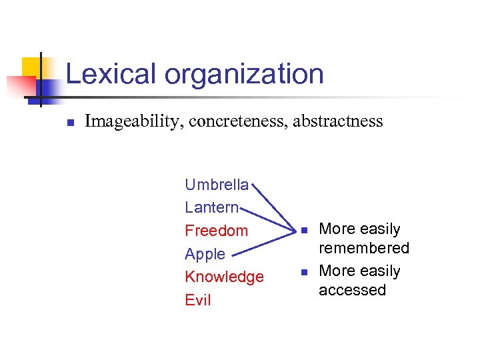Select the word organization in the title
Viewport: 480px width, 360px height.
(x=244, y=75)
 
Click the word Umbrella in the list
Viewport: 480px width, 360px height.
(x=216, y=184)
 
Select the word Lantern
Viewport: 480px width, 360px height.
(x=211, y=207)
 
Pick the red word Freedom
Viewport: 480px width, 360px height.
(x=216, y=231)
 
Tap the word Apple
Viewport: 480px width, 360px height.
(x=205, y=254)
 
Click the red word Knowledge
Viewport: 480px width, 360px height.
(x=224, y=277)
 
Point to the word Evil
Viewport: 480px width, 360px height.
(x=197, y=300)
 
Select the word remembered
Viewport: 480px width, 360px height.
(x=363, y=248)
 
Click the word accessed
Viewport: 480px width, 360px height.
(x=352, y=290)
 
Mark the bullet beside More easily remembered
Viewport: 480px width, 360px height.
(x=303, y=230)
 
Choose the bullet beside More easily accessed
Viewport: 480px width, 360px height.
(x=303, y=272)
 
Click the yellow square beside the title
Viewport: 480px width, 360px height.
(x=31, y=67)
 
